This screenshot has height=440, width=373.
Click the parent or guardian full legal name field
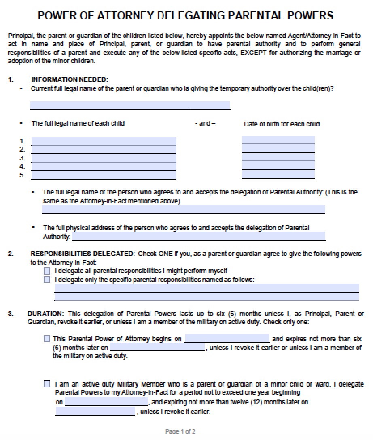[130, 105]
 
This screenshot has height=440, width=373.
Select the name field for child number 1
[104, 141]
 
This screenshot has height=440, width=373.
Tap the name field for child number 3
[104, 158]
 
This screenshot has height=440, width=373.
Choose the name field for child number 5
[104, 175]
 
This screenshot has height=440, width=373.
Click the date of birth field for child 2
[278, 150]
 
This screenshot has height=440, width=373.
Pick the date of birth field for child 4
[278, 167]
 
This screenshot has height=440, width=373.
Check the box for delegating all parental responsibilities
[47, 271]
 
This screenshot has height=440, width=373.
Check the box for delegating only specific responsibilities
[47, 280]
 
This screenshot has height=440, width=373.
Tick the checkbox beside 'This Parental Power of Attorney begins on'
[47, 339]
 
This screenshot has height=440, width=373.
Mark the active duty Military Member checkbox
[47, 384]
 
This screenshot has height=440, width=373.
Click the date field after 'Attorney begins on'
[227, 338]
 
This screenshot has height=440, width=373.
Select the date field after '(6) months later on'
[157, 347]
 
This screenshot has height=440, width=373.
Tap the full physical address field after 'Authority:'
[198, 236]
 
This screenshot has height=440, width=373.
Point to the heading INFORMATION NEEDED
[70, 79]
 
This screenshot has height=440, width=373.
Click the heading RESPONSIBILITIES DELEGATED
[82, 254]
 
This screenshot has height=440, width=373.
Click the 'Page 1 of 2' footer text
[180, 431]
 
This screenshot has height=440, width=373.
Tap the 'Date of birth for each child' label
[282, 124]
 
